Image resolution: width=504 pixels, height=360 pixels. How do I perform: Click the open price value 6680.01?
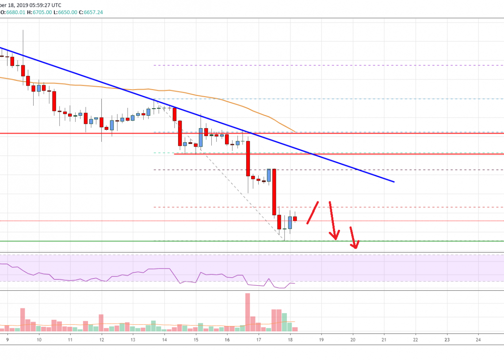pyautogui.click(x=13, y=12)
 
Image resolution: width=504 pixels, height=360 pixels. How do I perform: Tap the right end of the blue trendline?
pyautogui.click(x=393, y=181)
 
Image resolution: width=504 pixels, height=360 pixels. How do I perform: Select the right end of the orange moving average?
pyautogui.click(x=295, y=131)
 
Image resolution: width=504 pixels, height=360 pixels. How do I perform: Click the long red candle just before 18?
pyautogui.click(x=274, y=192)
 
